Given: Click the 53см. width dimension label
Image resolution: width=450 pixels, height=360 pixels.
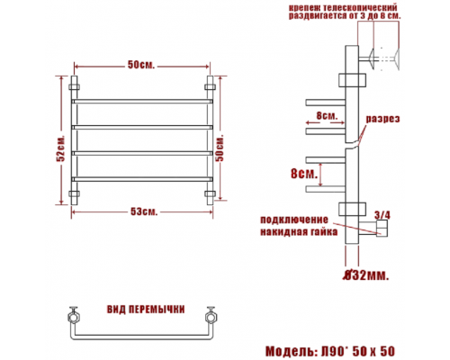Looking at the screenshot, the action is tap(144, 211).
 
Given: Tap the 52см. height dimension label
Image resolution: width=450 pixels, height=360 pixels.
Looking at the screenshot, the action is tap(60, 148).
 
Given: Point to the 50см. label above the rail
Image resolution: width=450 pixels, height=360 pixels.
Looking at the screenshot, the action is tap(141, 65).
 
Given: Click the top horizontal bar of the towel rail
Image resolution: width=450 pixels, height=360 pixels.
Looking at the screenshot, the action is tap(142, 102).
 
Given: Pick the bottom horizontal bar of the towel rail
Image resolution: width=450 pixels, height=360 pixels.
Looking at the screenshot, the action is tap(142, 179).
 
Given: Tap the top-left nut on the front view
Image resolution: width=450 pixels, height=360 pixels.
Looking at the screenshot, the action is tap(74, 87).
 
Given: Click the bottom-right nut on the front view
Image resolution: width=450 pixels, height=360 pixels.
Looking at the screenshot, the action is tap(210, 193).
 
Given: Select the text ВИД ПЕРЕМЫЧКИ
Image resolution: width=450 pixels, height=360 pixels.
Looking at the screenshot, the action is tap(146, 310).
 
